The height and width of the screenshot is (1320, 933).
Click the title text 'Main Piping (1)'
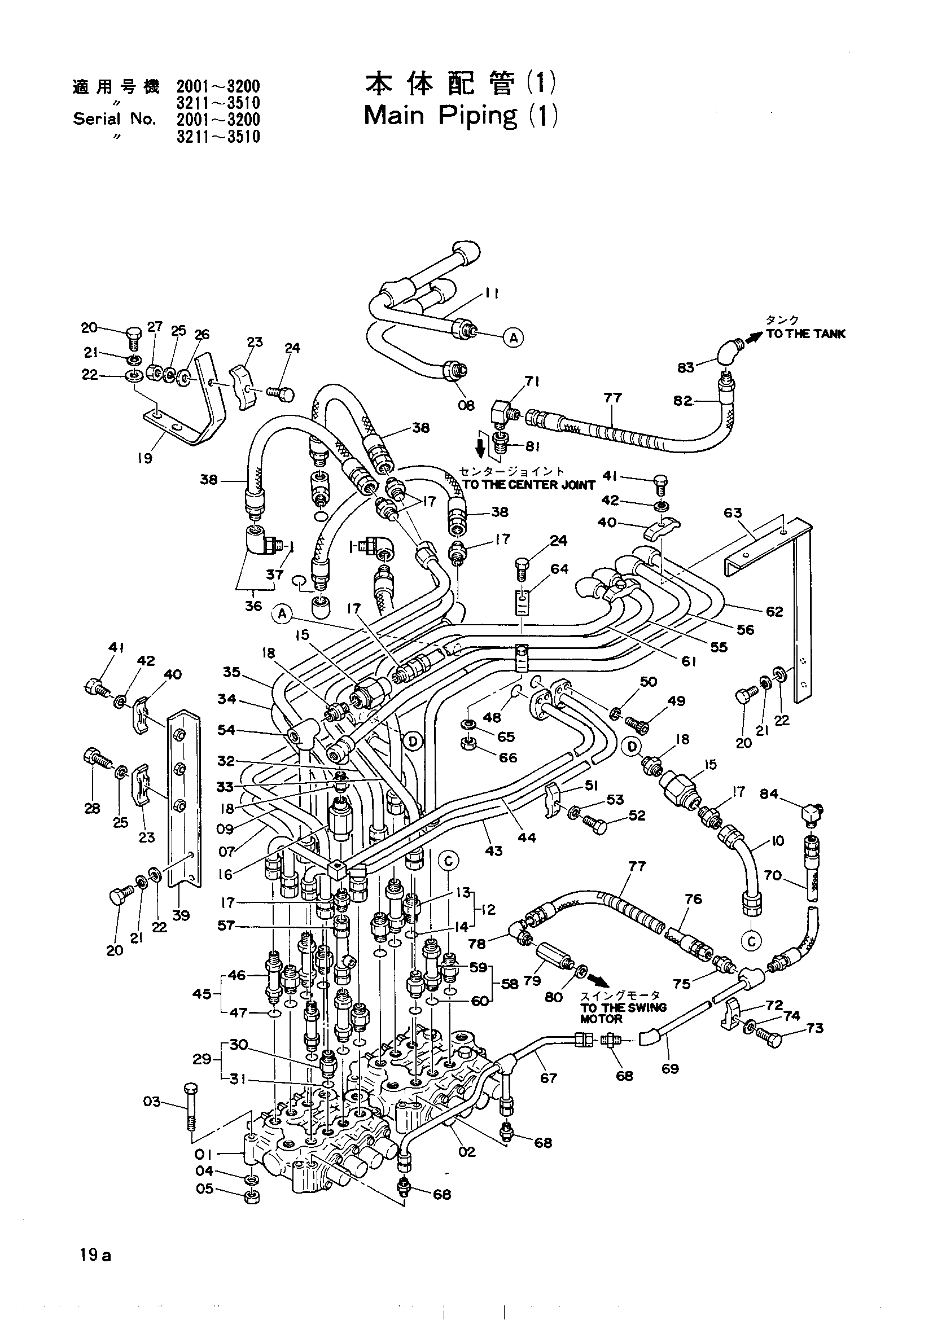click(461, 116)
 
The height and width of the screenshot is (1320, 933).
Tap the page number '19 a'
click(96, 1254)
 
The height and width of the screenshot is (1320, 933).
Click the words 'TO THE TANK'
click(805, 335)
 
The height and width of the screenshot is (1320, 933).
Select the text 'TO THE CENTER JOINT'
click(529, 485)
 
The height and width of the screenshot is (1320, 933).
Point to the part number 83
click(686, 368)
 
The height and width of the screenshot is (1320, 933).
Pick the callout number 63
click(733, 513)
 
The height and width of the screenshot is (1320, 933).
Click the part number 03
click(152, 1103)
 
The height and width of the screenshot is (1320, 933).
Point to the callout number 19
click(144, 458)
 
